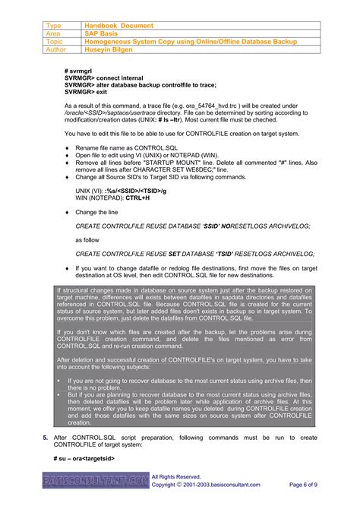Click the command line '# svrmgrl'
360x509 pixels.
(x=80, y=70)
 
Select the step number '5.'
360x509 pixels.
(x=46, y=438)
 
